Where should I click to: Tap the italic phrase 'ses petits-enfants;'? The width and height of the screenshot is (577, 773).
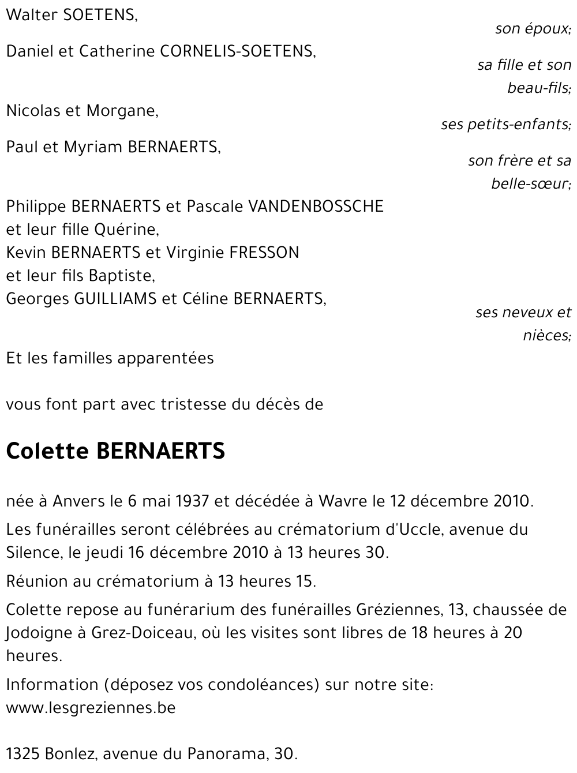(506, 124)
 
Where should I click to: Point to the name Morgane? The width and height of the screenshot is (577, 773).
(122, 111)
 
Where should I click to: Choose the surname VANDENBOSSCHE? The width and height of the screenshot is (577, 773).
(316, 206)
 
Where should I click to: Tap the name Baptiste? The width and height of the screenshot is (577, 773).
(128, 276)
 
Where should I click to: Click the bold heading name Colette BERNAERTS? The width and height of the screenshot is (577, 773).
(115, 451)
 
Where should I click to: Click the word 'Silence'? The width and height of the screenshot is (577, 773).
(33, 553)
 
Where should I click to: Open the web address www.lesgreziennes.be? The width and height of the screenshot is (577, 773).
(91, 707)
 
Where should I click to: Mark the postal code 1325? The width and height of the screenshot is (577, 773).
(22, 753)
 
